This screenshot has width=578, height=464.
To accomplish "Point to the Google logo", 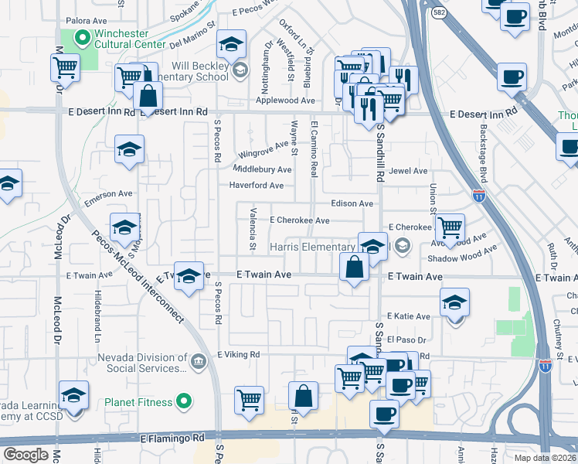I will point(25,455).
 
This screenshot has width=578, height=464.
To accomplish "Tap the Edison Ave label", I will point(352,203).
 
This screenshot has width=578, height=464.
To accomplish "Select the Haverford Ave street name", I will point(257,186).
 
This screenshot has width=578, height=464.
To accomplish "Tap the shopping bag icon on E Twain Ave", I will point(354,268).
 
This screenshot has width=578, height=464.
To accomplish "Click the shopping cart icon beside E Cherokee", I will point(450,227).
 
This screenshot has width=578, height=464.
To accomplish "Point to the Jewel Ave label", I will point(408,171).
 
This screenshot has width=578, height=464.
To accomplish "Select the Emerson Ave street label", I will point(109,193).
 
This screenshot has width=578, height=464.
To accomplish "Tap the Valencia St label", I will point(253,229).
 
